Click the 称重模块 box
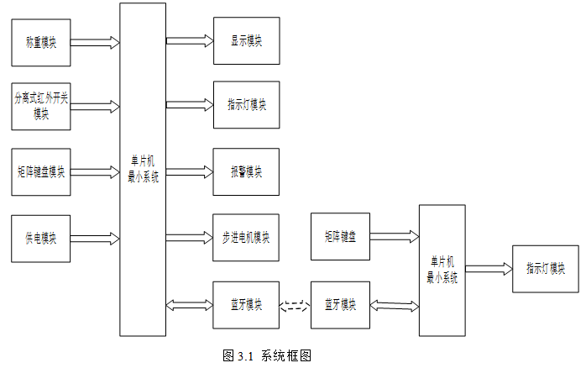pos(41,43)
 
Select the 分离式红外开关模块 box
pos(41,107)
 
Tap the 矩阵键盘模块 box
pos(41,172)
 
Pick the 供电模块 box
pos(41,239)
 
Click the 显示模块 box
pos(247,41)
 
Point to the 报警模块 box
pos(246,171)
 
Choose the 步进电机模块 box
pos(246,238)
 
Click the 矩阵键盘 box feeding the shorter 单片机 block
pos(341,236)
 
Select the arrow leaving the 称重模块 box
pos(95,43)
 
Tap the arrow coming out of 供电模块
pos(95,239)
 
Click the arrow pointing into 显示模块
pos(190,41)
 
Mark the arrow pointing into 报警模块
pos(190,172)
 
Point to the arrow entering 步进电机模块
pos(190,238)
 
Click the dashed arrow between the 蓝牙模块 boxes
pos(295,306)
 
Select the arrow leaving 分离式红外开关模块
pos(95,107)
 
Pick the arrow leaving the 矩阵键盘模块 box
pos(95,172)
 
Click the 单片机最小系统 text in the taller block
pos(143,169)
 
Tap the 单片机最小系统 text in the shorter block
pos(442,270)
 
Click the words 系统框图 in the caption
pos(286,355)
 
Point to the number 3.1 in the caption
pos(245,356)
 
